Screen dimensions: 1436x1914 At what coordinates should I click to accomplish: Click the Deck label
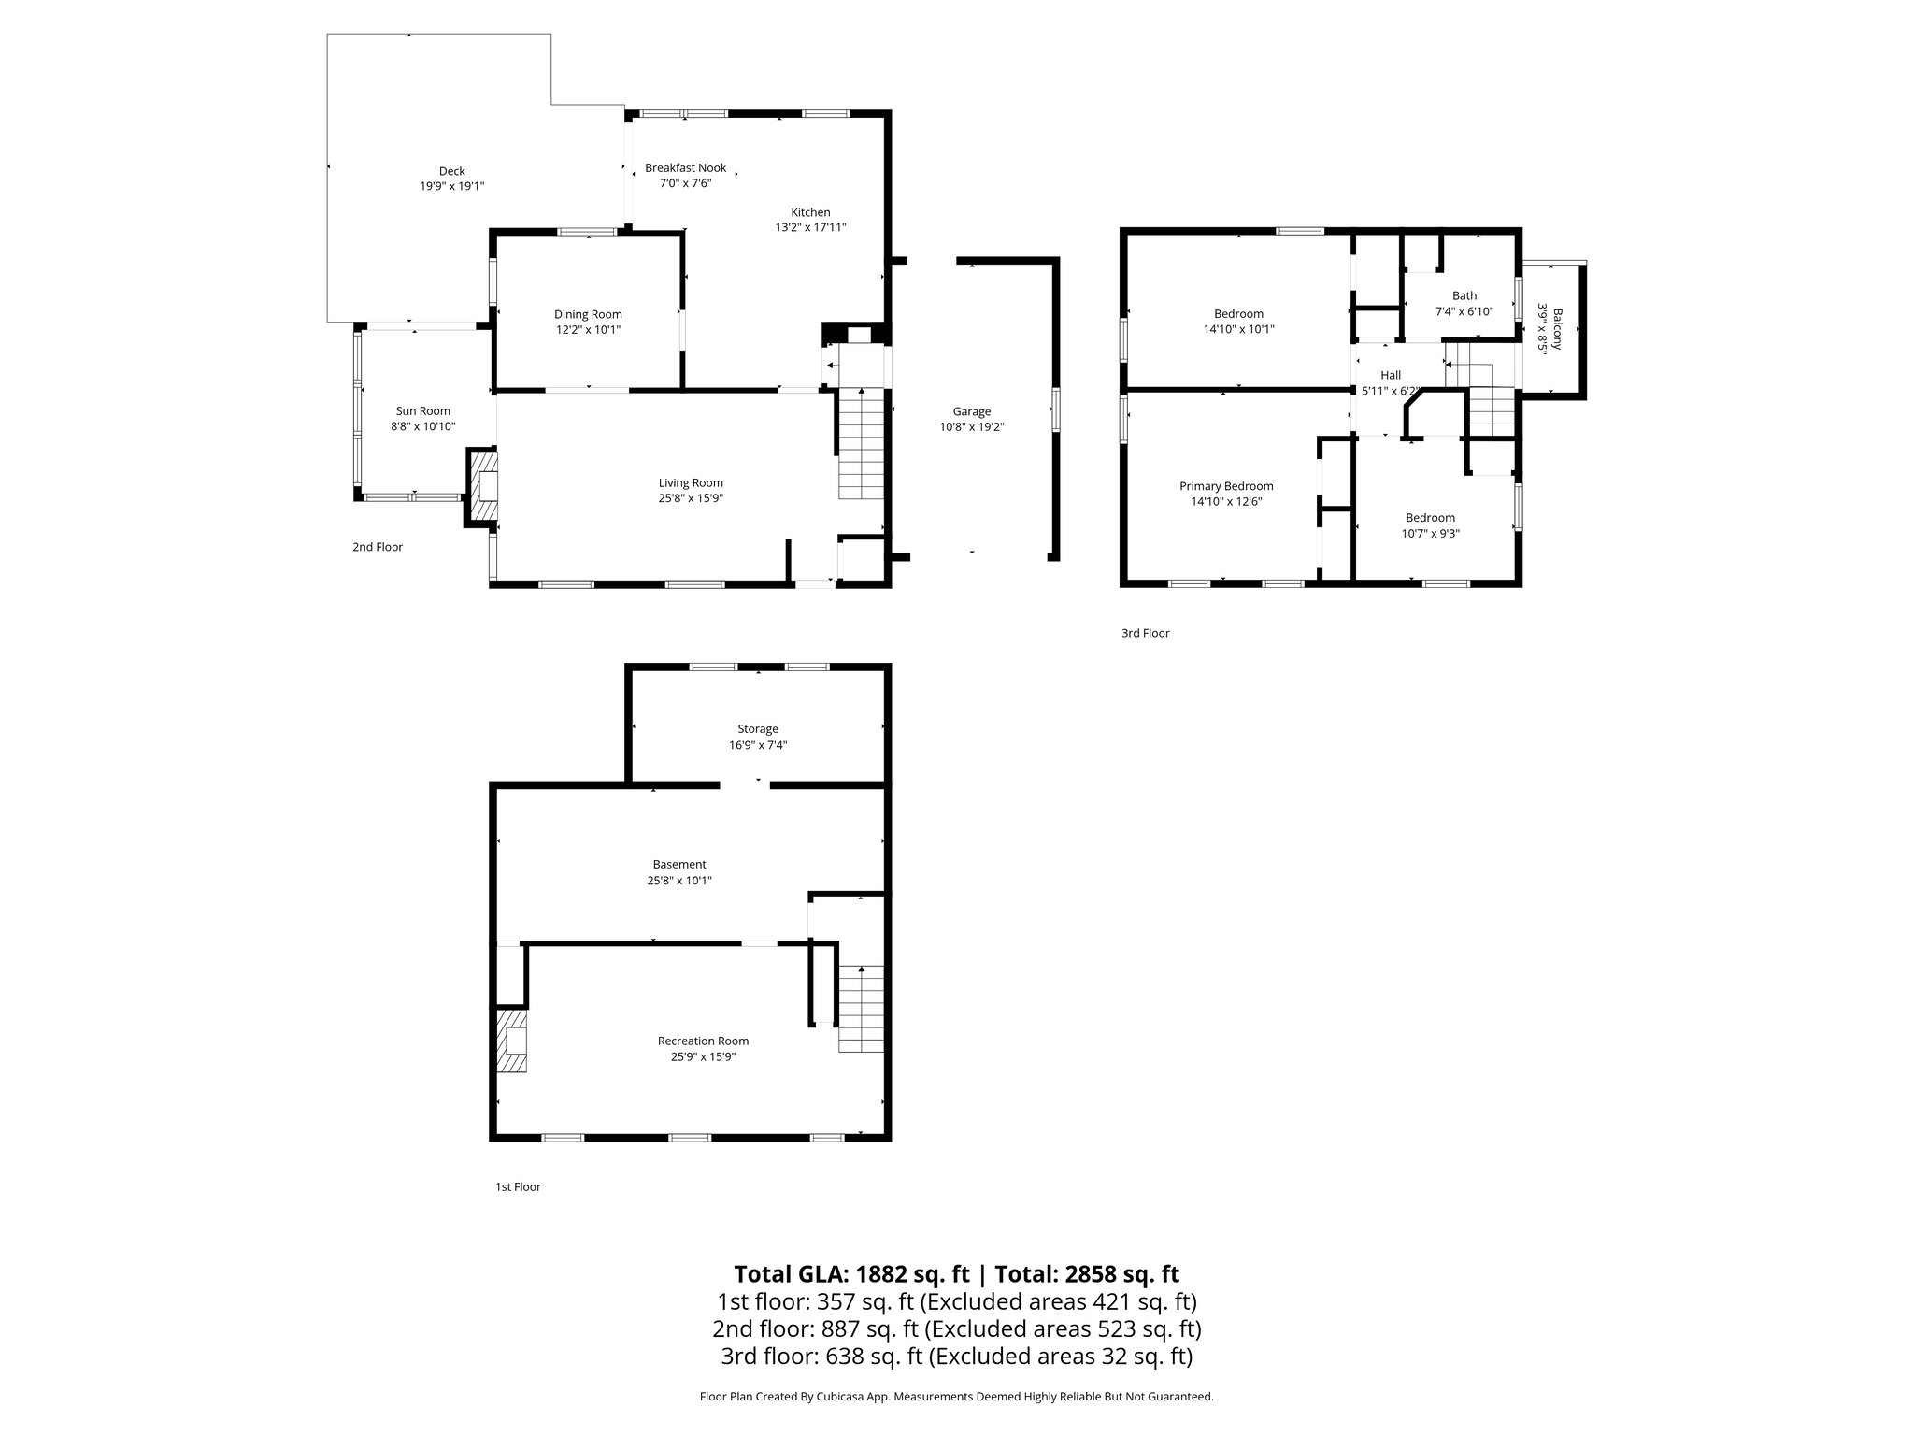pyautogui.click(x=451, y=171)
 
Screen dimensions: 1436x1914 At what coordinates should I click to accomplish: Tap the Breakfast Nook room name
pyautogui.click(x=685, y=168)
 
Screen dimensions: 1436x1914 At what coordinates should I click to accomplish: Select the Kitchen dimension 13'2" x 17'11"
pyautogui.click(x=810, y=227)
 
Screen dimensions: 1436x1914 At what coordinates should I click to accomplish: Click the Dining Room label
pyautogui.click(x=588, y=315)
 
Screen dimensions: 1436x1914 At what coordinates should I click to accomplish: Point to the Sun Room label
pyautogui.click(x=422, y=411)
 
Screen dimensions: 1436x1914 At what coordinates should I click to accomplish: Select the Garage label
pyautogui.click(x=972, y=411)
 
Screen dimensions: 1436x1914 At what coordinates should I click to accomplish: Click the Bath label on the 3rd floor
pyautogui.click(x=1464, y=296)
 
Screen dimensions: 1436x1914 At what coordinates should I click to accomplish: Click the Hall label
pyautogui.click(x=1391, y=375)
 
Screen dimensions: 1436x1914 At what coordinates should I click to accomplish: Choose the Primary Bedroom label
pyautogui.click(x=1226, y=486)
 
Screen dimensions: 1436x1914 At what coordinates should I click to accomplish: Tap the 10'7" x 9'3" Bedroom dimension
pyautogui.click(x=1430, y=534)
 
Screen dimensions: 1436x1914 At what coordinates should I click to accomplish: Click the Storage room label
pyautogui.click(x=757, y=729)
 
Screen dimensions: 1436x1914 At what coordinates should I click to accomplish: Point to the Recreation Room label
pyautogui.click(x=703, y=1041)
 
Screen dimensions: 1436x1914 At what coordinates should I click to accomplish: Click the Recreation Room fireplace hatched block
pyautogui.click(x=511, y=1040)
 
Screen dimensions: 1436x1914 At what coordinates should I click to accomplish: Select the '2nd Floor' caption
pyautogui.click(x=378, y=547)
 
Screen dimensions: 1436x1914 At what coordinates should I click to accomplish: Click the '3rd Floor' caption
pyautogui.click(x=1145, y=633)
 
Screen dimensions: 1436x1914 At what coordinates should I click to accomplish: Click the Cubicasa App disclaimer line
pyautogui.click(x=956, y=1397)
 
